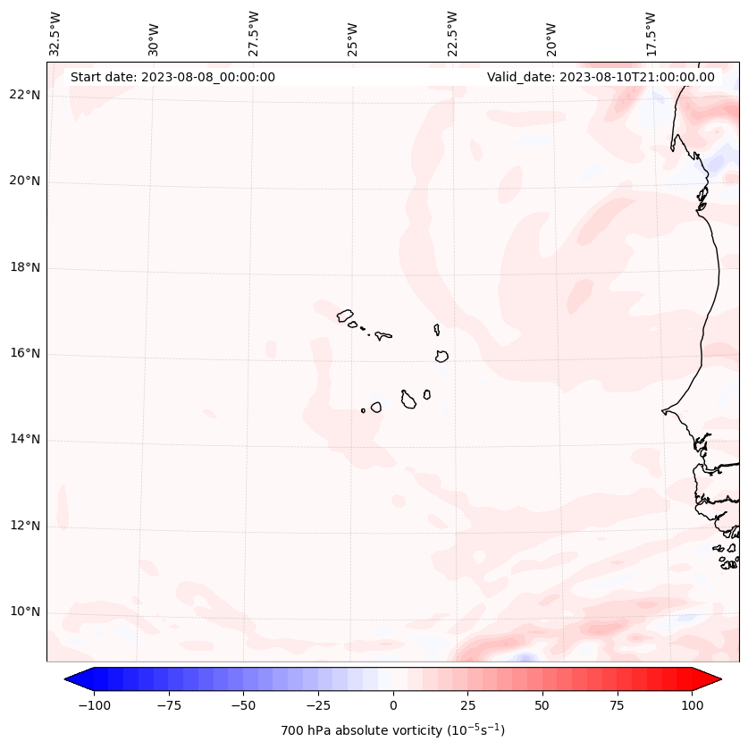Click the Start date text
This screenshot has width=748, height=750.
coord(172,77)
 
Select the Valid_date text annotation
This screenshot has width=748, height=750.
coord(601,77)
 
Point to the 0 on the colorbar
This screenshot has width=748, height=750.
coord(393,705)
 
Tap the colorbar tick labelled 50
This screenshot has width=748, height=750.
coord(542,705)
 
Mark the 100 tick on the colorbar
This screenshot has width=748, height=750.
coord(693,705)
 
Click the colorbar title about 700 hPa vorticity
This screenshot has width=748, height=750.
coord(392,730)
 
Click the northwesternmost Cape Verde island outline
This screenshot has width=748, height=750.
coord(345,315)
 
